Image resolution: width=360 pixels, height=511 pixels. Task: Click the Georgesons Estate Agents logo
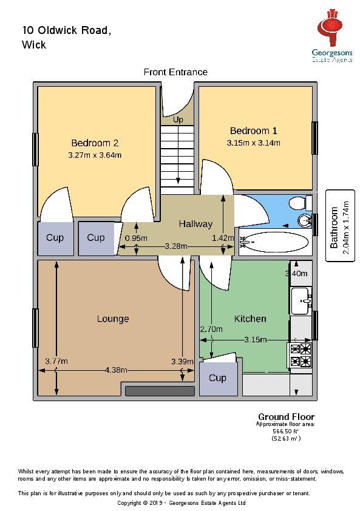[x=332, y=35]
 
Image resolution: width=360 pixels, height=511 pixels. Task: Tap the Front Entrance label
[x=175, y=72]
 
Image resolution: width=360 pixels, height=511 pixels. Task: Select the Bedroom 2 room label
[x=95, y=143]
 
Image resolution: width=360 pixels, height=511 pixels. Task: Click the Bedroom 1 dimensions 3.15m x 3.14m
[x=253, y=143]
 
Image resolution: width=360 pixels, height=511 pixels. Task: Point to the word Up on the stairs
[x=178, y=120]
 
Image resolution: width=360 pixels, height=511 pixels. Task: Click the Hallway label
[x=195, y=224]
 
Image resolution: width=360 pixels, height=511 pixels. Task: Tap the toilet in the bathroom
[x=301, y=203]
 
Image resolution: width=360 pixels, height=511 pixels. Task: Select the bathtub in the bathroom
[x=274, y=242]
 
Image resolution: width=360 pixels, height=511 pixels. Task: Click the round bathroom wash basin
[x=306, y=221]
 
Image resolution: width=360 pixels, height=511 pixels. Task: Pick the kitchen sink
[x=301, y=301]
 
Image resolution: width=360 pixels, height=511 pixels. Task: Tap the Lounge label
[x=113, y=319]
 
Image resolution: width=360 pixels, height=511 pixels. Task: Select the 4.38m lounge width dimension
[x=116, y=370]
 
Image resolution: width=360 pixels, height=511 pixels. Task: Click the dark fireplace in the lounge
[x=160, y=391]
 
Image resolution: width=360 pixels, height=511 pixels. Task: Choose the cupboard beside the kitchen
[x=217, y=379]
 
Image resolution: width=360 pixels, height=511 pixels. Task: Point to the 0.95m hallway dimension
[x=137, y=239]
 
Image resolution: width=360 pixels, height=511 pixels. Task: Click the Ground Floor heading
[x=287, y=417]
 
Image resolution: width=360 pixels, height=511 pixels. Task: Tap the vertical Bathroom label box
[x=340, y=226]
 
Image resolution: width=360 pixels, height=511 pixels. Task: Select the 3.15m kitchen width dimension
[x=256, y=340]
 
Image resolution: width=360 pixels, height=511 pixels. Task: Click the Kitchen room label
[x=250, y=319]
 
